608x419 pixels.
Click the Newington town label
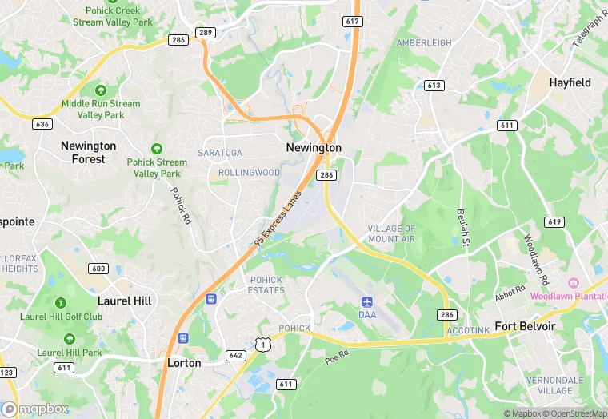(314, 148)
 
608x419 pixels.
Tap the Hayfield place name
(570, 82)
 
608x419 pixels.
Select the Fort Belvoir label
(525, 326)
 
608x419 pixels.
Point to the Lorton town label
(184, 362)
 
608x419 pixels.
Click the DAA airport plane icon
(367, 302)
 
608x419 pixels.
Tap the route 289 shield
(205, 33)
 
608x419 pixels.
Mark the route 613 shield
(434, 86)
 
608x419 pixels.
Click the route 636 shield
(42, 124)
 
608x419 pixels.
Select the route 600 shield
(98, 269)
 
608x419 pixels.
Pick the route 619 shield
(554, 221)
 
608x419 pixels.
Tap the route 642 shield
(235, 355)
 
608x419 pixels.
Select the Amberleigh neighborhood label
(424, 42)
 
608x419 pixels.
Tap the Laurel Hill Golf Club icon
(60, 303)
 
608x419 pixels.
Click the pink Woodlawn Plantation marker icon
(573, 283)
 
